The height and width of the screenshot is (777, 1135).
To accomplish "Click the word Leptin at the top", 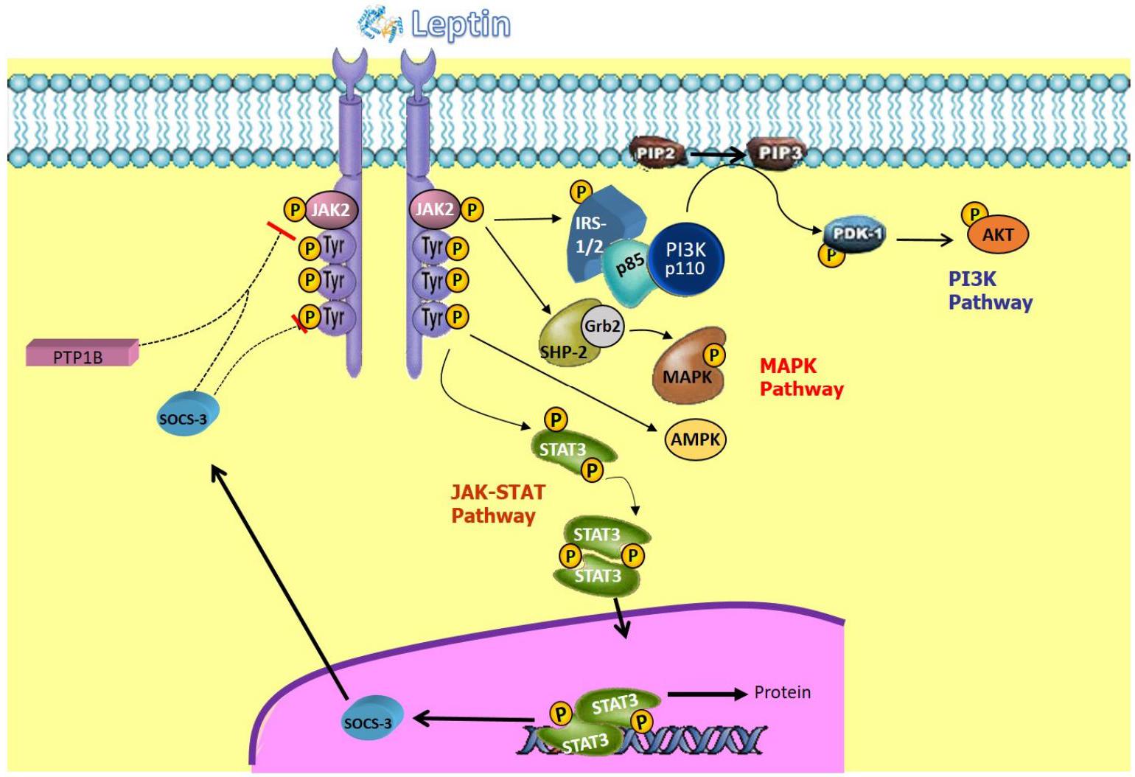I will [460, 24].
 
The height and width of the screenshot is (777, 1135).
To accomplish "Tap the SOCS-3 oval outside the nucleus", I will [184, 416].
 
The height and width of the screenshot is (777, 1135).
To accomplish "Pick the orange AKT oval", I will [998, 235].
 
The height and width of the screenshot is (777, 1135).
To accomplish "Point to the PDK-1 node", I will [855, 234].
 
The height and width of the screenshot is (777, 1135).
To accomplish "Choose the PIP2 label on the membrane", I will [656, 153].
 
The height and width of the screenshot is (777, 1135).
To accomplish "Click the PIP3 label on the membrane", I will [778, 153].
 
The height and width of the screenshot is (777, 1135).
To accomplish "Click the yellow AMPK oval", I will [696, 439].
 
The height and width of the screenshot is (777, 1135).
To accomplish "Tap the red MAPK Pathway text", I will [800, 377].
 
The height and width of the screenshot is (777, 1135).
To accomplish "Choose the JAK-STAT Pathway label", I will [497, 504].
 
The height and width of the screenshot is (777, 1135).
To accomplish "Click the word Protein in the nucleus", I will [782, 693].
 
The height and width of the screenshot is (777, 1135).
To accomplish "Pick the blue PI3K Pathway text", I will [990, 290].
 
